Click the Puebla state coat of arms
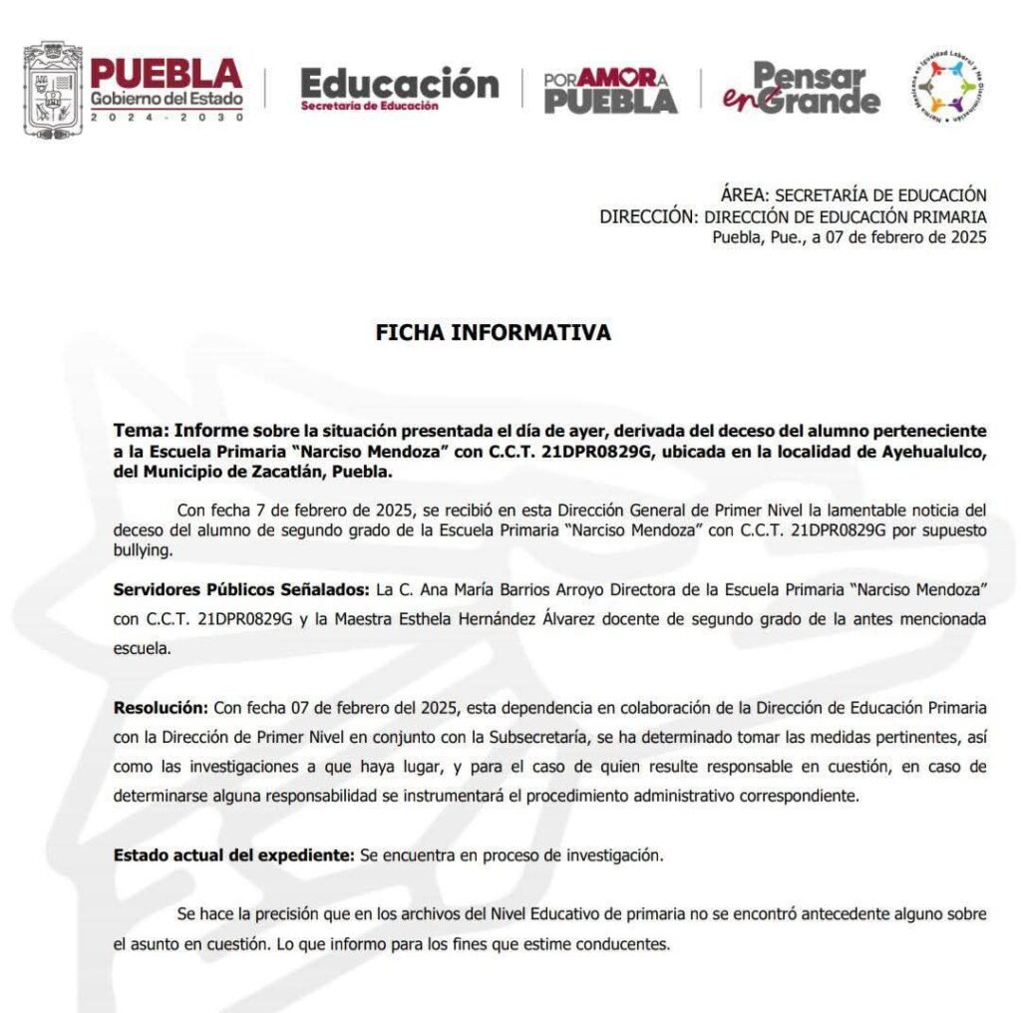(x=53, y=89)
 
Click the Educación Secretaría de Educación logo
(x=399, y=88)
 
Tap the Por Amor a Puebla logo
(x=610, y=90)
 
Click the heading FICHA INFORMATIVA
(x=493, y=333)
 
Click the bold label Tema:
(x=141, y=432)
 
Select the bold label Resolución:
(x=161, y=708)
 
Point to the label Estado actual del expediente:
(x=233, y=855)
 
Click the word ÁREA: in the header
(x=744, y=195)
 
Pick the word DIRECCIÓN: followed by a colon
(x=648, y=216)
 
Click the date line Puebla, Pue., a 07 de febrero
(x=849, y=237)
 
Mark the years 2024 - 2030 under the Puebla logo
(x=167, y=117)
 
